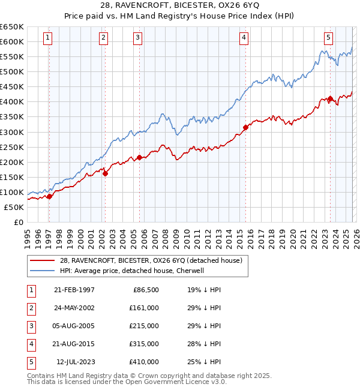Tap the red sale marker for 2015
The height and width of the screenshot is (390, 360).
tap(245, 127)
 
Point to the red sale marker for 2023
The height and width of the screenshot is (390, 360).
tap(330, 99)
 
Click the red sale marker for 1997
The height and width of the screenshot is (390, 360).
tap(49, 196)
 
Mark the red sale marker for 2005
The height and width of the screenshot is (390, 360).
tap(139, 157)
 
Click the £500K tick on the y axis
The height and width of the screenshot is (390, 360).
tap(12, 72)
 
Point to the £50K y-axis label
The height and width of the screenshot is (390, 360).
tap(14, 208)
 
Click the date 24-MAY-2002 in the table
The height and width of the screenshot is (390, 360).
tap(74, 307)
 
